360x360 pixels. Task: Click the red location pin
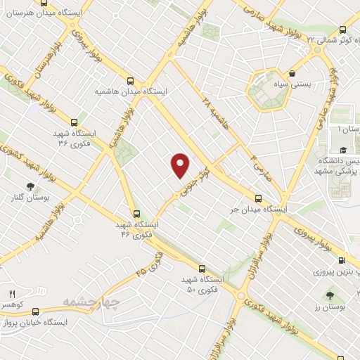click(181, 165)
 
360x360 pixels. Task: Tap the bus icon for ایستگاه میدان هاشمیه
click(130, 79)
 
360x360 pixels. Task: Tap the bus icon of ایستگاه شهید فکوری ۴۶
click(136, 213)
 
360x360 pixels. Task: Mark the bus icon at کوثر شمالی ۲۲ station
click(342, 30)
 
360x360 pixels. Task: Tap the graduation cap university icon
click(342, 150)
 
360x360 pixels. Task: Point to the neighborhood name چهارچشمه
click(87, 302)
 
